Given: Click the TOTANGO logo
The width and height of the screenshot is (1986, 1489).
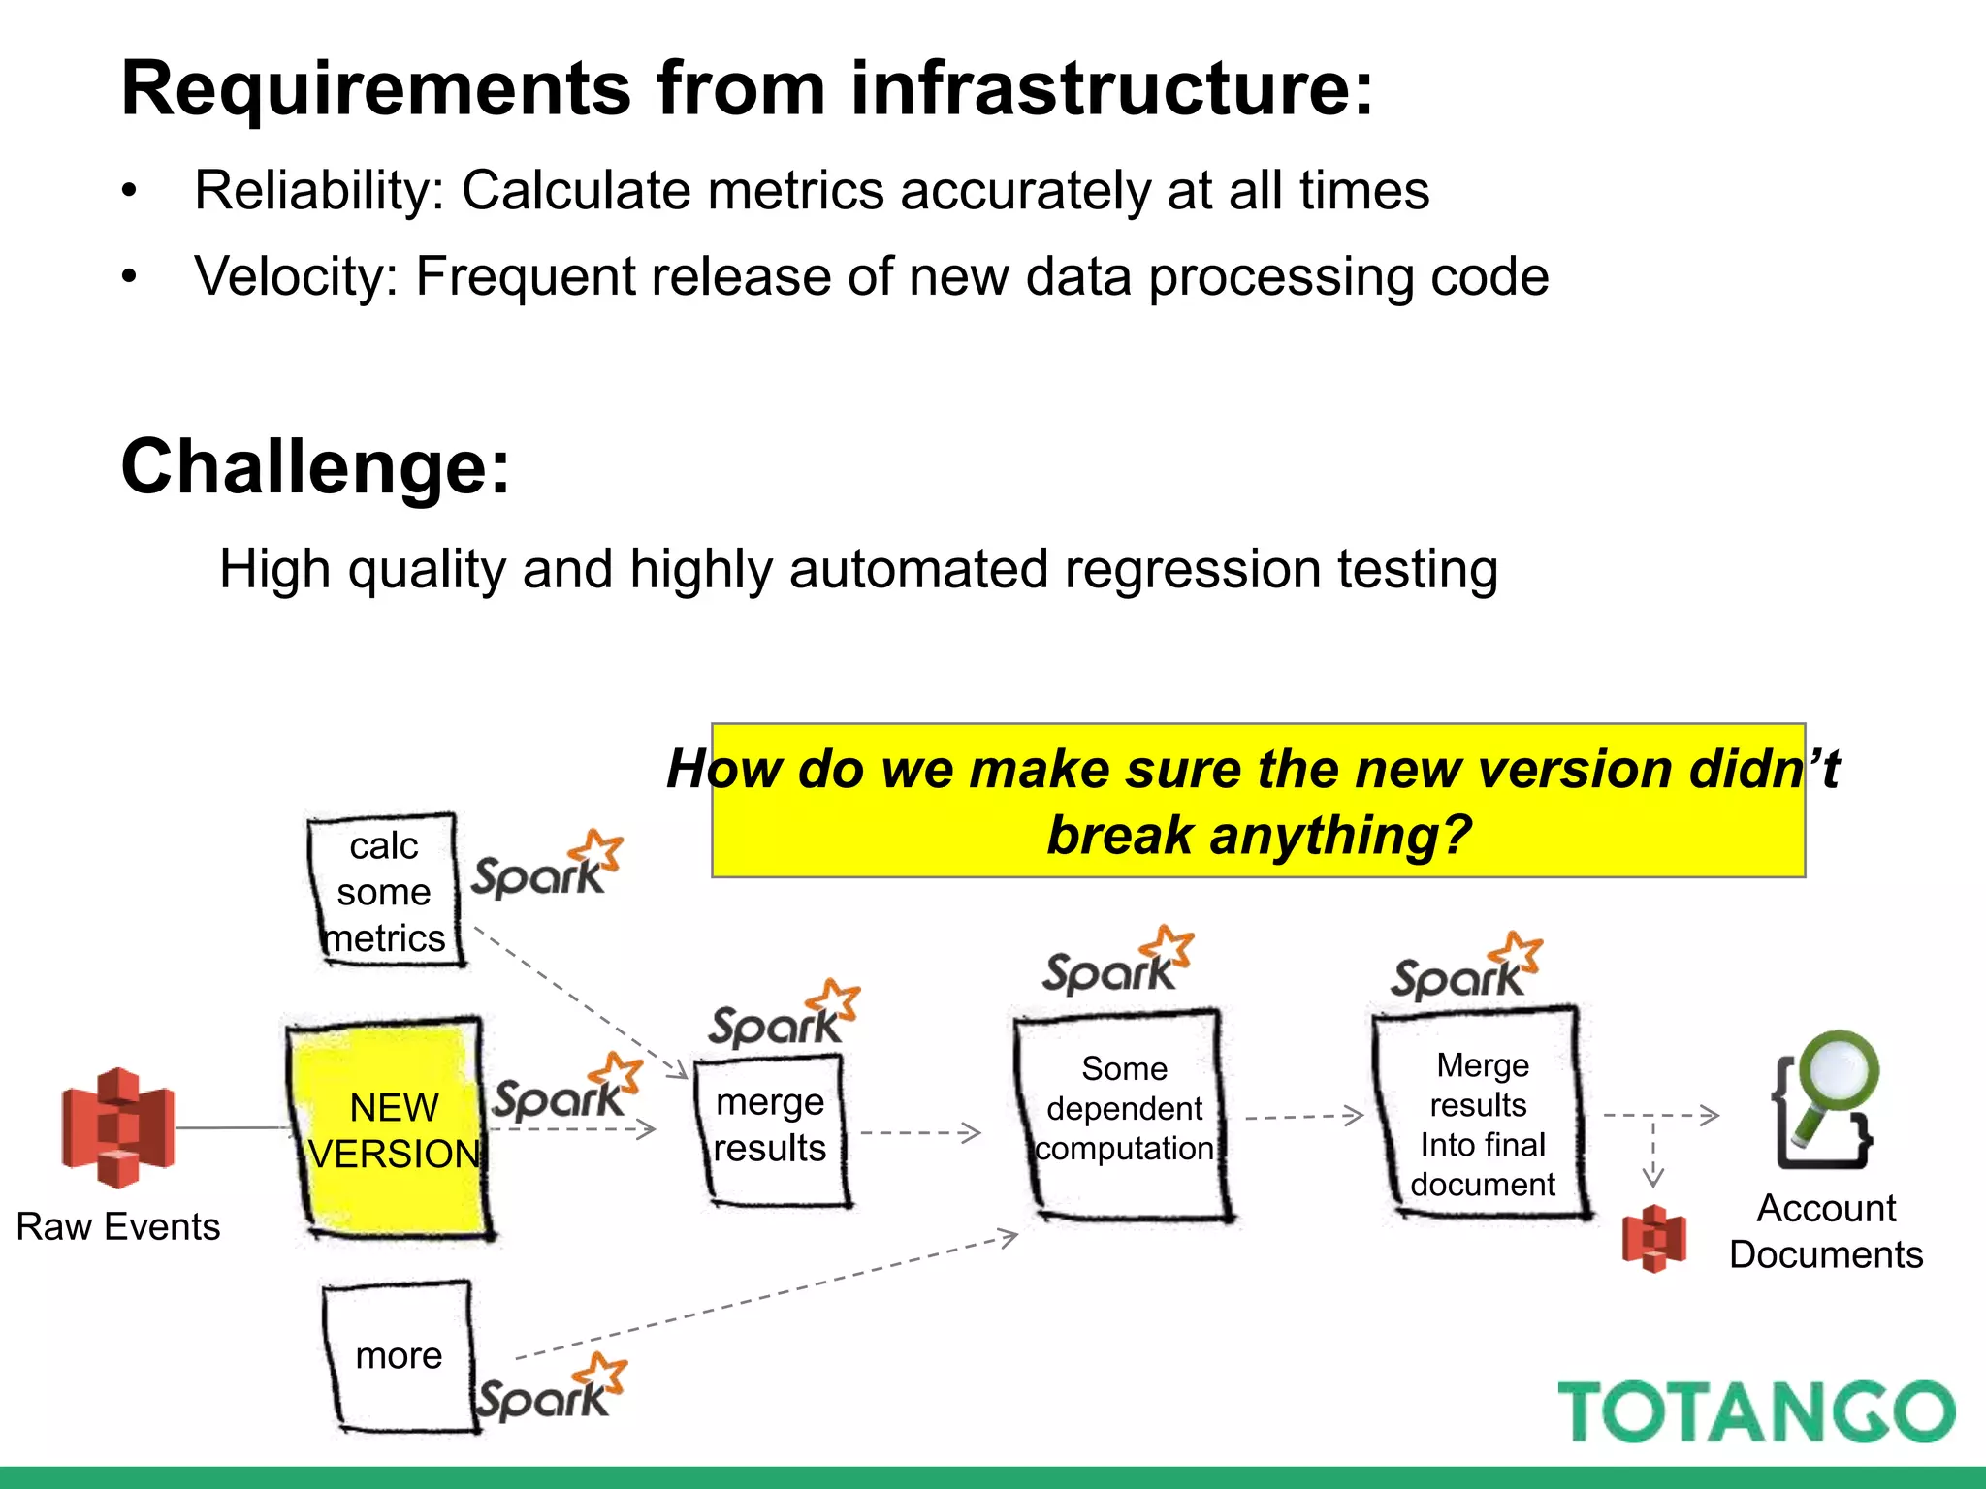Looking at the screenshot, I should click(1755, 1411).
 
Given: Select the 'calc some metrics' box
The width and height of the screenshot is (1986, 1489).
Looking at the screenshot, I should click(385, 891).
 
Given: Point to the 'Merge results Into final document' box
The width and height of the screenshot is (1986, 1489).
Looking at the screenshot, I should click(1481, 1115).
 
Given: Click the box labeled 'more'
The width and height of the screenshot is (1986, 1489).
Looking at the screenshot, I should click(398, 1355).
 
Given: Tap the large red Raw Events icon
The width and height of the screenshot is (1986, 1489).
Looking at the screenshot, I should click(117, 1127).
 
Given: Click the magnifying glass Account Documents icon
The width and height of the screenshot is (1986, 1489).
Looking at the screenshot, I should click(1824, 1099).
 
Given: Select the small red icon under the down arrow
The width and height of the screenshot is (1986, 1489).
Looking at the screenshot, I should click(1653, 1238).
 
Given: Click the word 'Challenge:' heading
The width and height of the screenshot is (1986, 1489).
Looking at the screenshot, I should click(315, 467).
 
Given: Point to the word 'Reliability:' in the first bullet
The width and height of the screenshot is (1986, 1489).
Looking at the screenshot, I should click(319, 190).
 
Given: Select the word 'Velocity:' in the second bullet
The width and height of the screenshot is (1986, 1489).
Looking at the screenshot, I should click(296, 276).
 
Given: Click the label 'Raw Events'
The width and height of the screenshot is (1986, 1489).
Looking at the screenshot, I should click(118, 1226).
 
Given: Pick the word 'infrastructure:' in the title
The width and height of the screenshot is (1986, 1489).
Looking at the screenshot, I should click(1111, 88).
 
